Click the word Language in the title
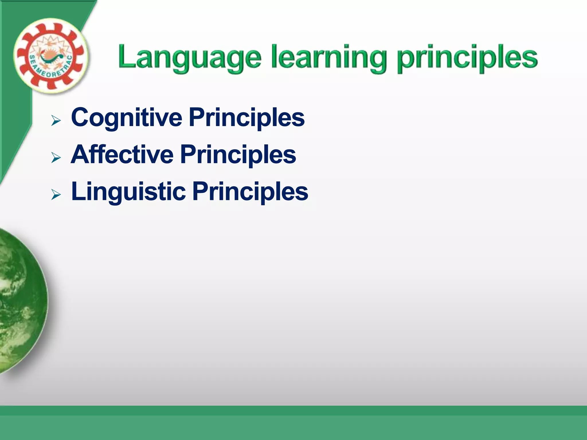(x=189, y=57)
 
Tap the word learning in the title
(x=328, y=57)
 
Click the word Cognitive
(x=126, y=117)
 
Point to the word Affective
(x=122, y=154)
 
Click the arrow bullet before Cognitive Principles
(x=56, y=120)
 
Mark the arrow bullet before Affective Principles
(x=56, y=158)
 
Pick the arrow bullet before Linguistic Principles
(x=56, y=195)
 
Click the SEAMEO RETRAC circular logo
(x=51, y=56)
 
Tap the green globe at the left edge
(x=20, y=301)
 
